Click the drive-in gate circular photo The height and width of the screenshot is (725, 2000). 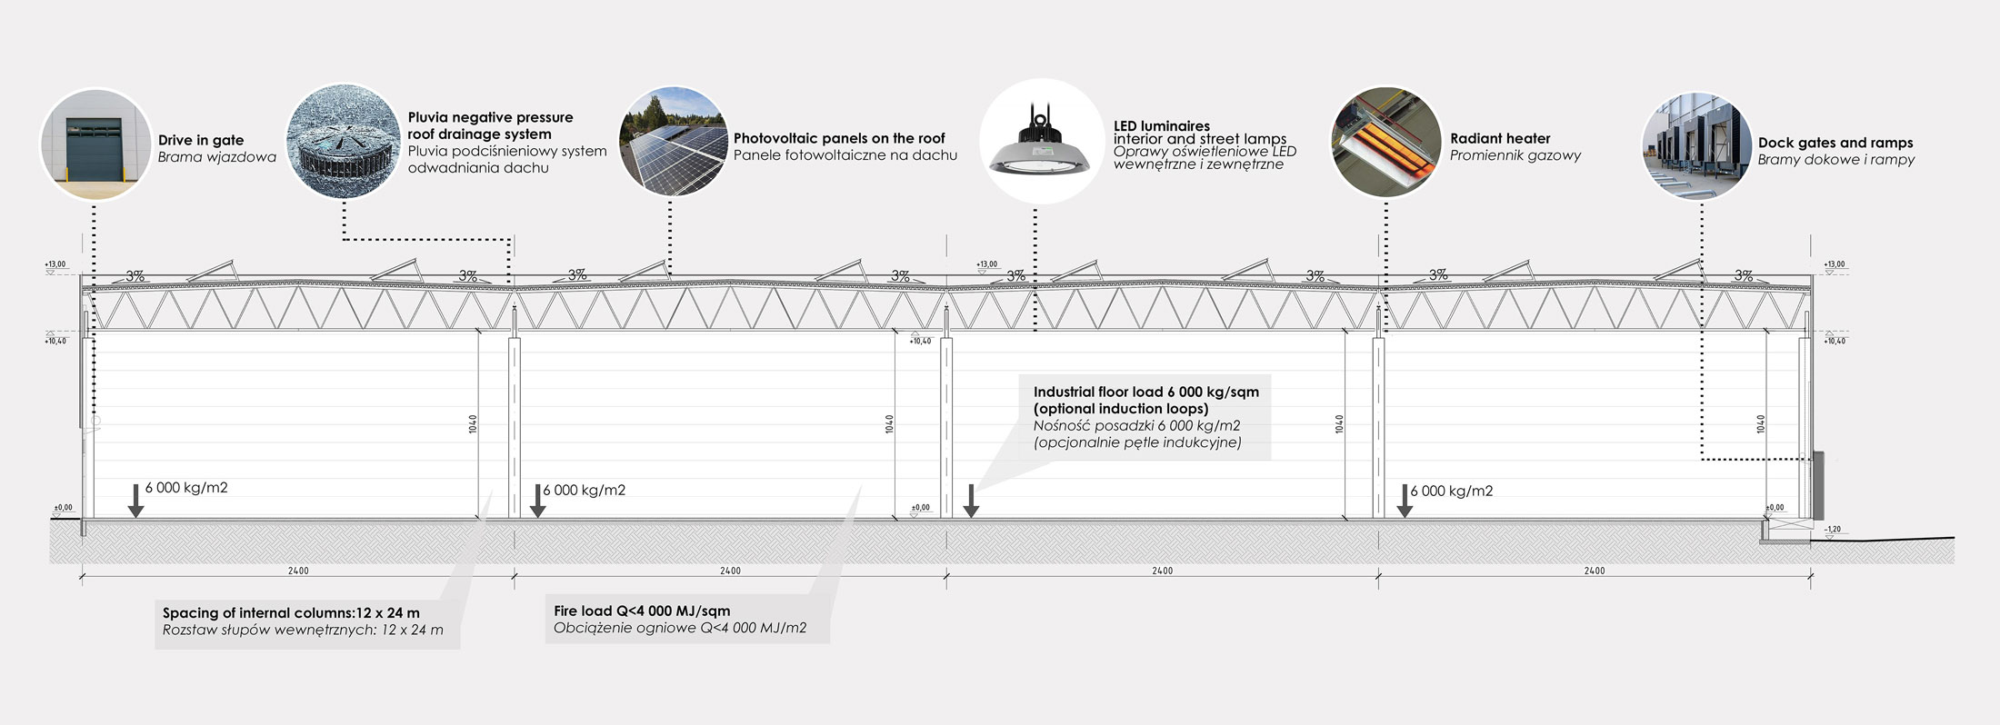(x=95, y=144)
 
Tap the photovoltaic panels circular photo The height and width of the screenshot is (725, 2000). (x=673, y=141)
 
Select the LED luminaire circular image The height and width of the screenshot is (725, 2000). (x=1040, y=141)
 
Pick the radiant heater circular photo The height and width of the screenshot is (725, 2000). (x=1385, y=142)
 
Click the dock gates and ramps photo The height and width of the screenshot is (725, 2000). (x=1696, y=146)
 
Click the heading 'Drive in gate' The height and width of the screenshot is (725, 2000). (x=201, y=140)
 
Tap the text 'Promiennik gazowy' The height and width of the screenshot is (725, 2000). (x=1515, y=155)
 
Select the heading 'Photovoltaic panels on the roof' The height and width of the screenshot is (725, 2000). (x=839, y=138)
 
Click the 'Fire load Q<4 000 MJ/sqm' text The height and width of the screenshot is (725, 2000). (x=642, y=611)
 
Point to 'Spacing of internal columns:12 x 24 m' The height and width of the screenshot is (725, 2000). (x=291, y=612)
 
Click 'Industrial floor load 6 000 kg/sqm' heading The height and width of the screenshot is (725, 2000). (x=1145, y=392)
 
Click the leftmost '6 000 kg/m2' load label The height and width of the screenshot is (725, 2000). (x=186, y=488)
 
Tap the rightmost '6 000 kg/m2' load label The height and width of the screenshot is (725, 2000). (x=1452, y=491)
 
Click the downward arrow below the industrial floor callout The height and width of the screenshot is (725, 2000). (x=971, y=501)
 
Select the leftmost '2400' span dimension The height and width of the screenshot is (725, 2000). (x=298, y=571)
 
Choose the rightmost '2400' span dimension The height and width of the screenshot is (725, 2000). (x=1595, y=571)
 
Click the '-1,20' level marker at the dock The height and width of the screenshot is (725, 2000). (x=1833, y=529)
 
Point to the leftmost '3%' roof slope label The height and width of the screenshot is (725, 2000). (x=135, y=275)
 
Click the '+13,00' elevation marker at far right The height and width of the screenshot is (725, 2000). (x=1835, y=264)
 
